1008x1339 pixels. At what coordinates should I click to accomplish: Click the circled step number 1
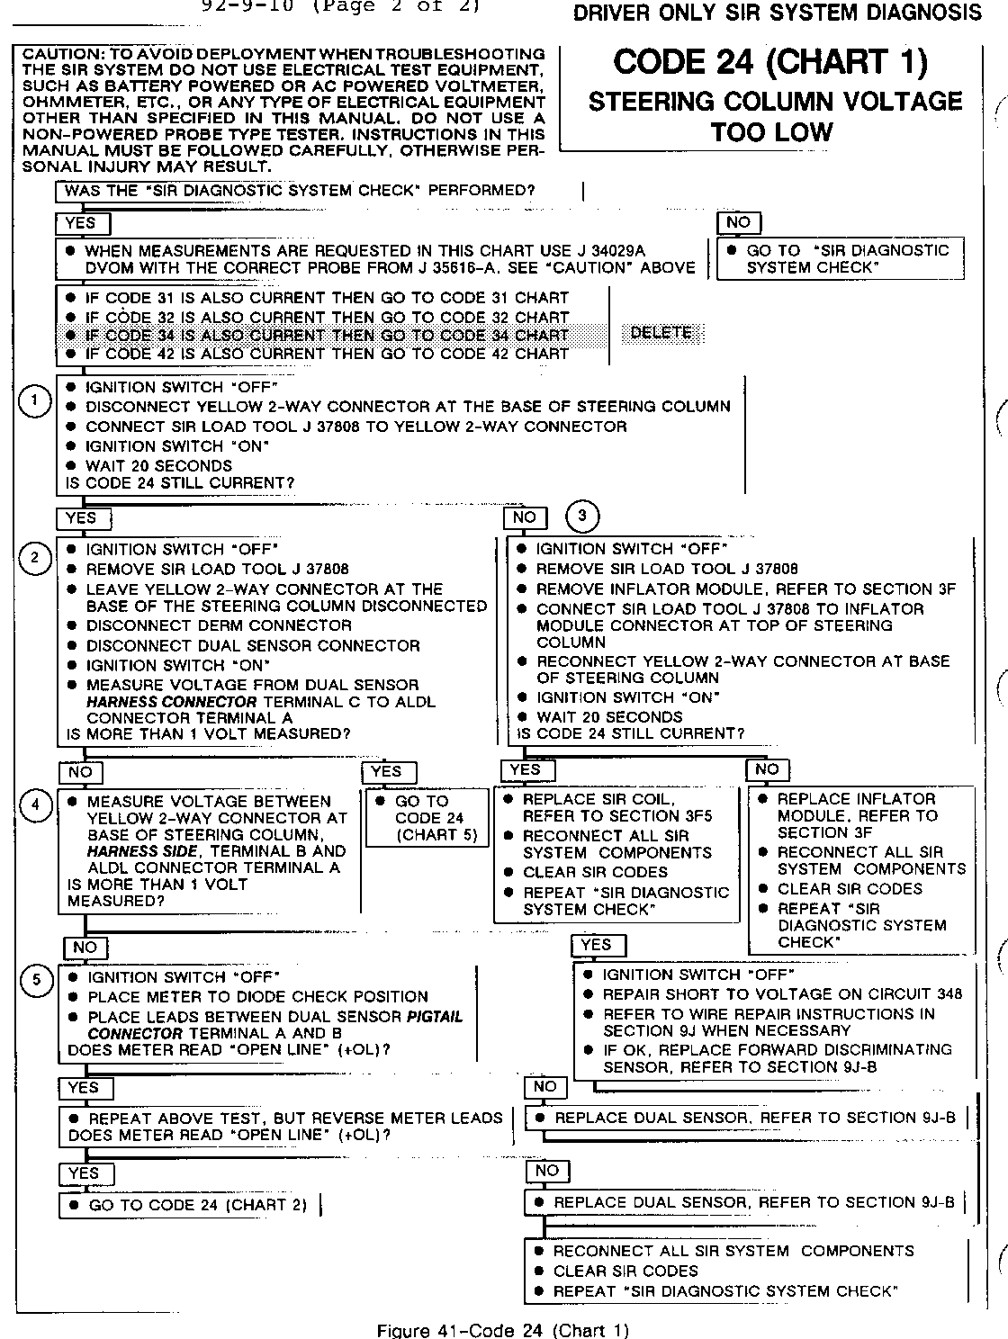pos(34,401)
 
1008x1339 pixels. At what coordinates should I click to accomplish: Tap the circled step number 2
pos(35,559)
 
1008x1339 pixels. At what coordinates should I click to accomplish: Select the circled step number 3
pos(582,516)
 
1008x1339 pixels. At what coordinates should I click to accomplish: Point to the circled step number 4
pos(36,804)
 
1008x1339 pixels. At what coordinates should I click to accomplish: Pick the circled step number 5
pos(36,980)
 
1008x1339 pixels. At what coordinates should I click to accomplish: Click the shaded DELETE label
pos(661,333)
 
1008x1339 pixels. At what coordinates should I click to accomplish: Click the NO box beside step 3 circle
pos(524,517)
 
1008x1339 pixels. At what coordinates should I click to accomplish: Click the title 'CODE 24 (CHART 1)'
pos(770,62)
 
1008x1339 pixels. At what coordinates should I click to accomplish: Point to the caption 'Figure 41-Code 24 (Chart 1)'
pos(503,1330)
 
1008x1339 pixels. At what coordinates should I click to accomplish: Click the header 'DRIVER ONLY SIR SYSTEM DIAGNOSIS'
pos(778,13)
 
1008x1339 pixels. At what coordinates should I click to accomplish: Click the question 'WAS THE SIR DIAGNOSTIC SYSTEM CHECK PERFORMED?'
pos(301,191)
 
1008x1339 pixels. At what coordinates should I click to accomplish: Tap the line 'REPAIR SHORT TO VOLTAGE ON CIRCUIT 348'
pos(781,994)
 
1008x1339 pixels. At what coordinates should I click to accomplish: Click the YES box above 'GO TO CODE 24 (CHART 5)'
pos(386,771)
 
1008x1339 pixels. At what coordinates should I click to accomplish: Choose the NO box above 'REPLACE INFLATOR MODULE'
pos(767,769)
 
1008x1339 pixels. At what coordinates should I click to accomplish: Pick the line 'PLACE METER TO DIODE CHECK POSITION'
pos(257,997)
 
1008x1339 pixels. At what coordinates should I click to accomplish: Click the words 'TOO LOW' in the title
pos(771,132)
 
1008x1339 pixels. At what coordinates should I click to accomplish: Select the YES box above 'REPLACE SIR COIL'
pos(526,769)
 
